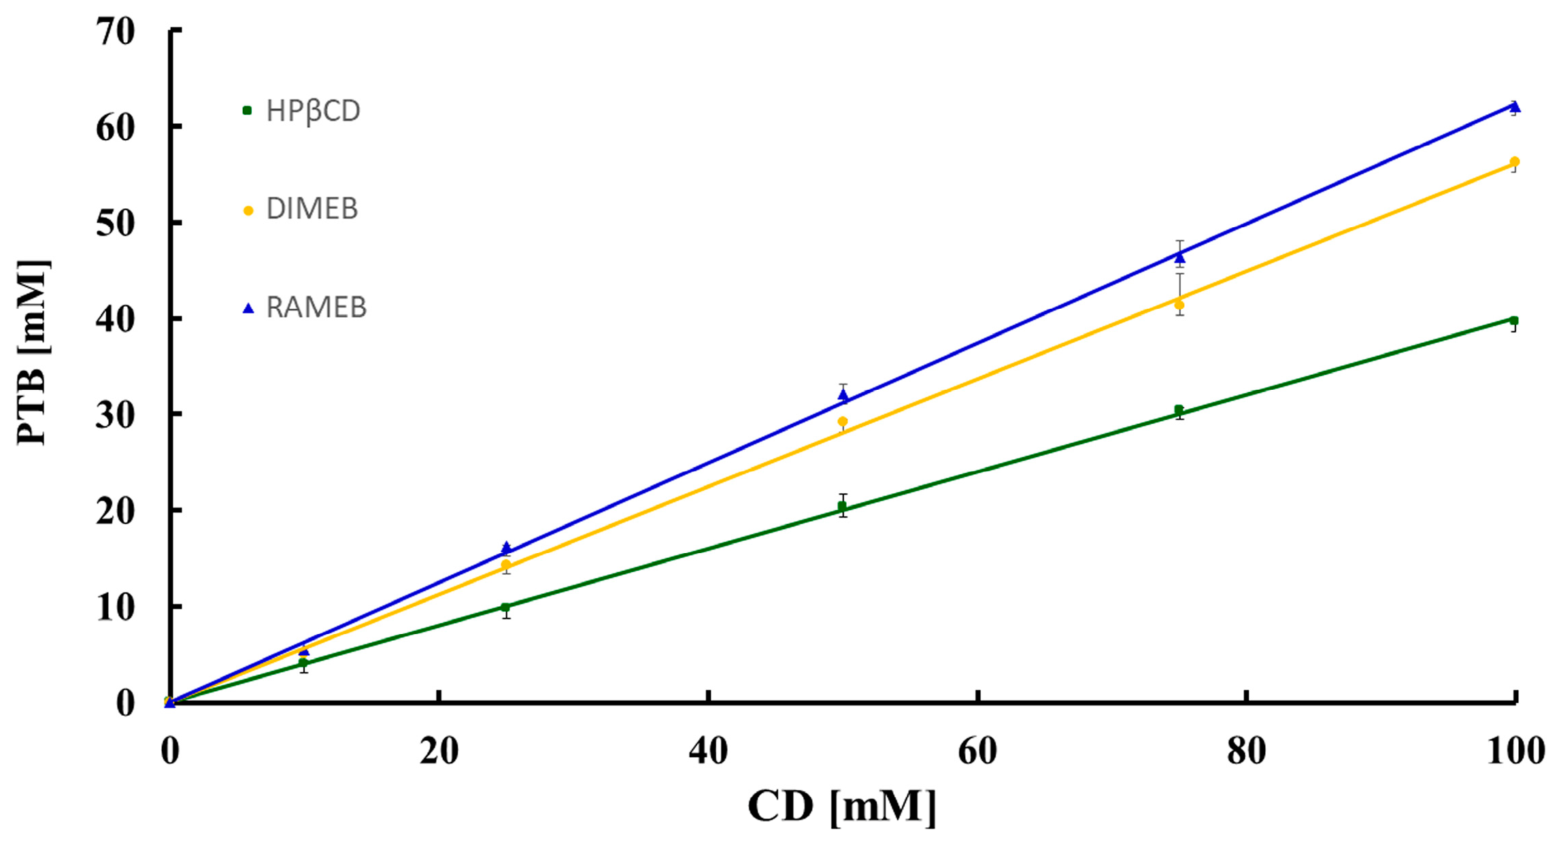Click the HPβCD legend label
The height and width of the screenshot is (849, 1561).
pyautogui.click(x=313, y=111)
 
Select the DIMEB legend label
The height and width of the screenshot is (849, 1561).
pyautogui.click(x=312, y=209)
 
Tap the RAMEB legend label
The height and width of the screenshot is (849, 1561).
pyautogui.click(x=316, y=307)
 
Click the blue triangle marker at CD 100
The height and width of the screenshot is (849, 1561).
pyautogui.click(x=1515, y=107)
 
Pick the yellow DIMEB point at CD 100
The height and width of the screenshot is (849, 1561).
pyautogui.click(x=1515, y=162)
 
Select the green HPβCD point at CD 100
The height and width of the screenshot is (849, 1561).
pyautogui.click(x=1514, y=320)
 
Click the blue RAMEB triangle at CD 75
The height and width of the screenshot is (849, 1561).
pyautogui.click(x=1180, y=258)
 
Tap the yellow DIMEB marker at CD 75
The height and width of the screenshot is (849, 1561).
pyautogui.click(x=1179, y=304)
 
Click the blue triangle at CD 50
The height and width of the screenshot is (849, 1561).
pyautogui.click(x=843, y=395)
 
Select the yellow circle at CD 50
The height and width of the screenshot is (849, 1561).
pyautogui.click(x=843, y=422)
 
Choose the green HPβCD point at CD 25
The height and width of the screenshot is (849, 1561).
pyautogui.click(x=505, y=607)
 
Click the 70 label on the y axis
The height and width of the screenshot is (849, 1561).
pyautogui.click(x=116, y=31)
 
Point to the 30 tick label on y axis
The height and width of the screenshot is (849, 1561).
pyautogui.click(x=116, y=415)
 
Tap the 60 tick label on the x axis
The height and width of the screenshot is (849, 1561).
pyautogui.click(x=977, y=752)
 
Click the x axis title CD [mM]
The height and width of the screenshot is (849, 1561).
pyautogui.click(x=842, y=807)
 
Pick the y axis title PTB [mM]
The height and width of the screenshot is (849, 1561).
pyautogui.click(x=33, y=352)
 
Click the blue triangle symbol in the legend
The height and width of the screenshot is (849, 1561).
pyautogui.click(x=248, y=308)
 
